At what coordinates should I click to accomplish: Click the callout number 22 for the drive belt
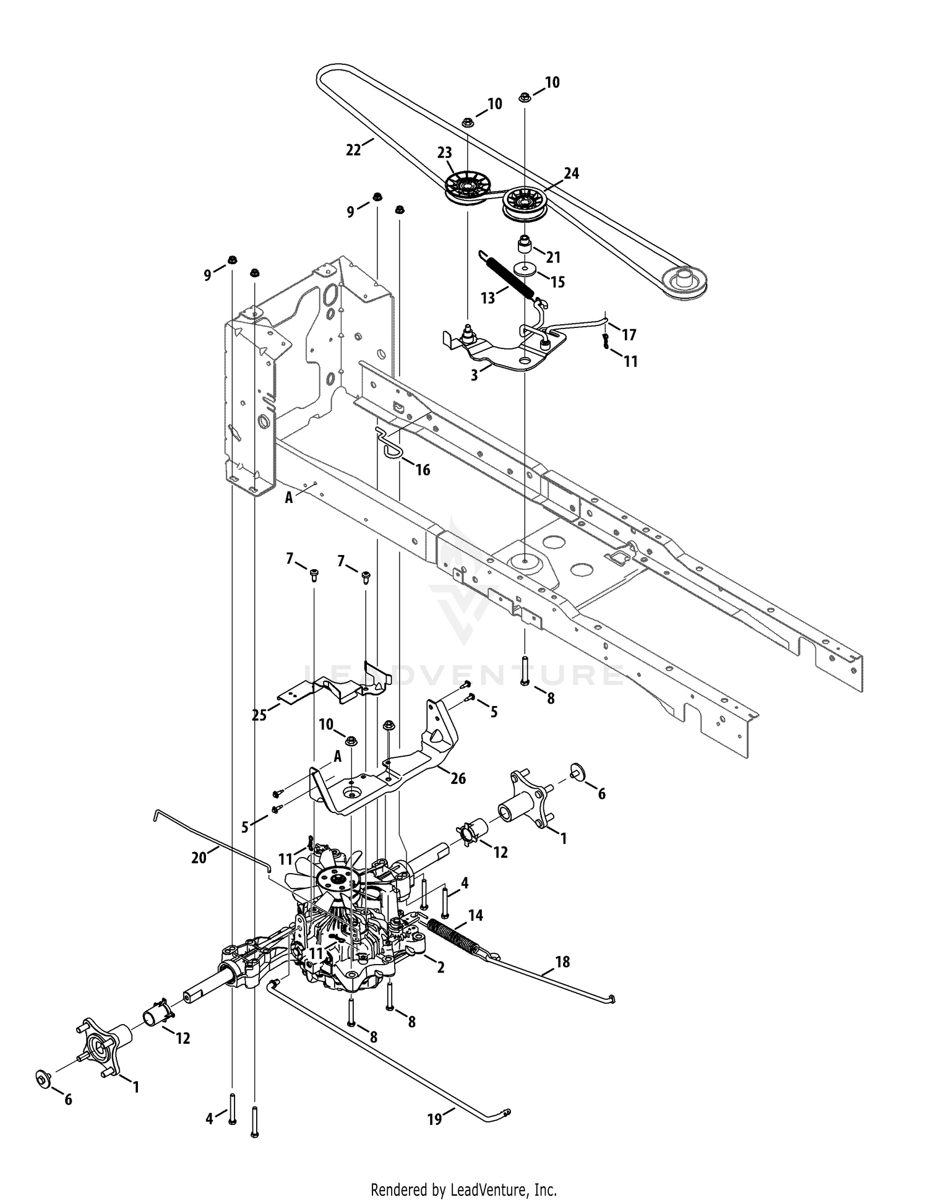coord(353,150)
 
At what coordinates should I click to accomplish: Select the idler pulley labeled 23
coord(466,186)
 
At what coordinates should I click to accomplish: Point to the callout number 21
coord(552,257)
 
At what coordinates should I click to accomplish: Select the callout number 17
coord(629,335)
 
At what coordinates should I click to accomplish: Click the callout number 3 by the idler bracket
coord(475,376)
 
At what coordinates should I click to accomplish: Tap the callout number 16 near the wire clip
coord(423,470)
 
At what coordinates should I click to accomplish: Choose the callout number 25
coord(259,715)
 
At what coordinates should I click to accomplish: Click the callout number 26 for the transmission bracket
coord(458,779)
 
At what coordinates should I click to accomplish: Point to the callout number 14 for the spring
coord(476,915)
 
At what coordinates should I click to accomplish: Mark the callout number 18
coord(562,962)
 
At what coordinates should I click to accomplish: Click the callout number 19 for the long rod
coord(435,1119)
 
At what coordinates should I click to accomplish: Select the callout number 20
coord(198,859)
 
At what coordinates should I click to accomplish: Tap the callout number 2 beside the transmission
coord(440,968)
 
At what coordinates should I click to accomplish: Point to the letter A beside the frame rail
coord(288,497)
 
